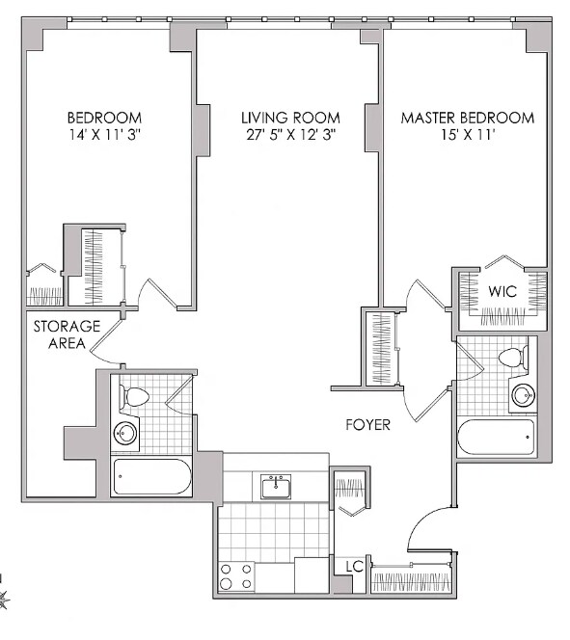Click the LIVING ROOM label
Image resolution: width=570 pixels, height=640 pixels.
(x=290, y=118)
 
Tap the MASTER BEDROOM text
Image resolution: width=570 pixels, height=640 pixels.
(x=468, y=118)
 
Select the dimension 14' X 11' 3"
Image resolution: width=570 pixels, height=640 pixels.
(x=104, y=135)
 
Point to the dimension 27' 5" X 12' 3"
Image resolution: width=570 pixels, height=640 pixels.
(x=290, y=135)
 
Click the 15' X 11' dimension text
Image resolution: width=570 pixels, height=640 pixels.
(x=468, y=135)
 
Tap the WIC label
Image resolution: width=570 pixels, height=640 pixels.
(x=502, y=291)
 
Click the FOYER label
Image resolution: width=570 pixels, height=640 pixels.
(x=367, y=425)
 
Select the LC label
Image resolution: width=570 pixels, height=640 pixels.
(x=354, y=567)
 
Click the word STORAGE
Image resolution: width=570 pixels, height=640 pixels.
(x=67, y=327)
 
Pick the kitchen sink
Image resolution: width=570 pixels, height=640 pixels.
(x=276, y=487)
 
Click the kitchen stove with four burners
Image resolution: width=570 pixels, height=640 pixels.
(x=235, y=576)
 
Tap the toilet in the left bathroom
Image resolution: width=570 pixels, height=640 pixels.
(x=133, y=396)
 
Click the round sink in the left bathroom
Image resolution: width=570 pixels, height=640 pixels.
(x=125, y=433)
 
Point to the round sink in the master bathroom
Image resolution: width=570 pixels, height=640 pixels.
(x=524, y=395)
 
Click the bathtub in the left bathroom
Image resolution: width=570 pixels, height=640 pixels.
(x=151, y=477)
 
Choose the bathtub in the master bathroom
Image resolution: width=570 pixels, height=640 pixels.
(x=496, y=438)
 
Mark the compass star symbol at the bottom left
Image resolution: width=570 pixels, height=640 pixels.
(x=3, y=600)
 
